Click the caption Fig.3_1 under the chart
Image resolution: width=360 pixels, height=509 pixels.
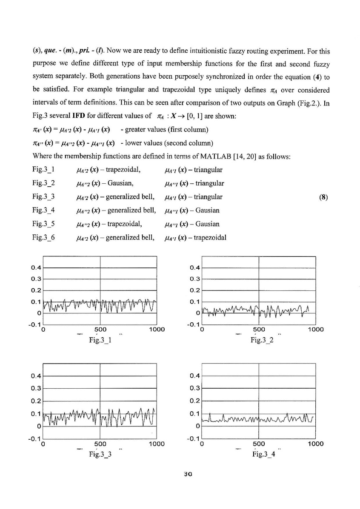[100, 340]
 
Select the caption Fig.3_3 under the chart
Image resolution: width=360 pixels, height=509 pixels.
[100, 455]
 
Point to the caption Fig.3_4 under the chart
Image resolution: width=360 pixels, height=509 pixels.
[263, 455]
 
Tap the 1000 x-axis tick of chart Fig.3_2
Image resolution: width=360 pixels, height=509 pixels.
[315, 329]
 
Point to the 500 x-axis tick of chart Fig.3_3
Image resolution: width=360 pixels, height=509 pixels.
[100, 444]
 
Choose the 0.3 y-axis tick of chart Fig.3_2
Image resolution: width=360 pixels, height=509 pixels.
[194, 279]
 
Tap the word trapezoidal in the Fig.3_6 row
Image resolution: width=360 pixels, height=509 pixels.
[210, 238]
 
